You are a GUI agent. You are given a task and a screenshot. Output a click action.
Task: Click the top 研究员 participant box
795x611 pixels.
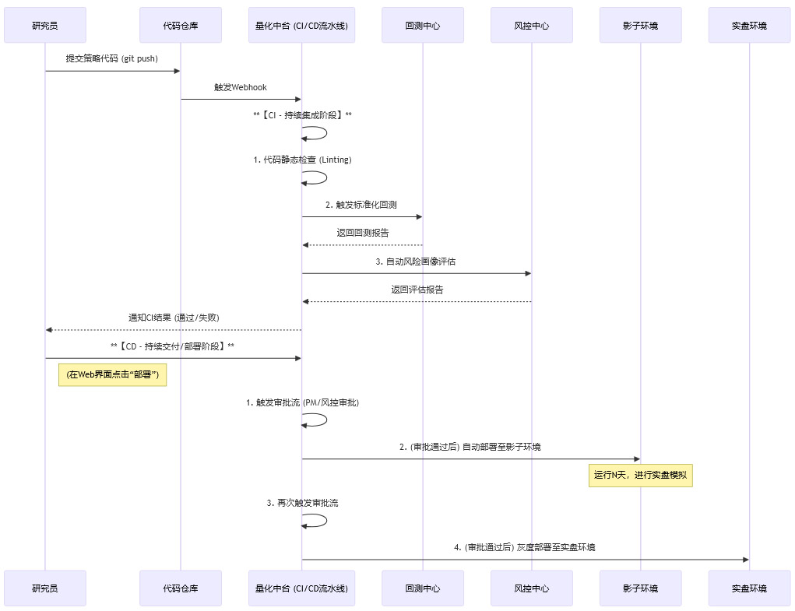click(44, 26)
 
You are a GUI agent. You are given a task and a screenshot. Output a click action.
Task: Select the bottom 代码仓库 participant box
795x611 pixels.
click(181, 588)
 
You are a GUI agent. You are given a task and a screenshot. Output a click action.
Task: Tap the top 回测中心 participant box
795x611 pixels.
click(423, 26)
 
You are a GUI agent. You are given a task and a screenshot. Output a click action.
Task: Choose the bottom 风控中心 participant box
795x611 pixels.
click(532, 588)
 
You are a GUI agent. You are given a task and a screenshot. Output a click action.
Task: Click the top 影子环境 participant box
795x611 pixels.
click(641, 26)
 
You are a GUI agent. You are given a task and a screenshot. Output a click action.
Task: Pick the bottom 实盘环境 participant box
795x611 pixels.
click(749, 588)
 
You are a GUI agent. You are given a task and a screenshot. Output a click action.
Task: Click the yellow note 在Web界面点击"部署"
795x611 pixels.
click(112, 375)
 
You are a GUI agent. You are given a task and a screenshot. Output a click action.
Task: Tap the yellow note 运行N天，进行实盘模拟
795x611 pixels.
click(640, 475)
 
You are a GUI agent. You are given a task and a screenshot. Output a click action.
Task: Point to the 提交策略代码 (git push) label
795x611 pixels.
click(112, 58)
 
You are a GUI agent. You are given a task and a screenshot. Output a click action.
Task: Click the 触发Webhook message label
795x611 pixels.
click(241, 87)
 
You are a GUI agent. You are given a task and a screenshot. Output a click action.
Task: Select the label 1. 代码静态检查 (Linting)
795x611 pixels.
click(302, 160)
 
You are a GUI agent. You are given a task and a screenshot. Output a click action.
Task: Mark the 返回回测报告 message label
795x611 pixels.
click(363, 233)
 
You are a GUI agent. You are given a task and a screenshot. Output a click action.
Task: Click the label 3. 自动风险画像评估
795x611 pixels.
click(417, 262)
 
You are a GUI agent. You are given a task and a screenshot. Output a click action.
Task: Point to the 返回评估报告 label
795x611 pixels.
click(417, 290)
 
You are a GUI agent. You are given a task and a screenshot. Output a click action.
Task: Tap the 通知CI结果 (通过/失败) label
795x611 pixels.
click(174, 318)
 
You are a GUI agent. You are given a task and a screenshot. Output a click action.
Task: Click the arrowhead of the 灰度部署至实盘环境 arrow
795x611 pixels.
click(745, 560)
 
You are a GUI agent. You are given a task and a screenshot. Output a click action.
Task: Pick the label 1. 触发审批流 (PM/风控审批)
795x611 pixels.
click(302, 403)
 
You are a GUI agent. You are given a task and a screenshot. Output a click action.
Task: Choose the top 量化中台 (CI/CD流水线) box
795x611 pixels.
click(301, 26)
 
